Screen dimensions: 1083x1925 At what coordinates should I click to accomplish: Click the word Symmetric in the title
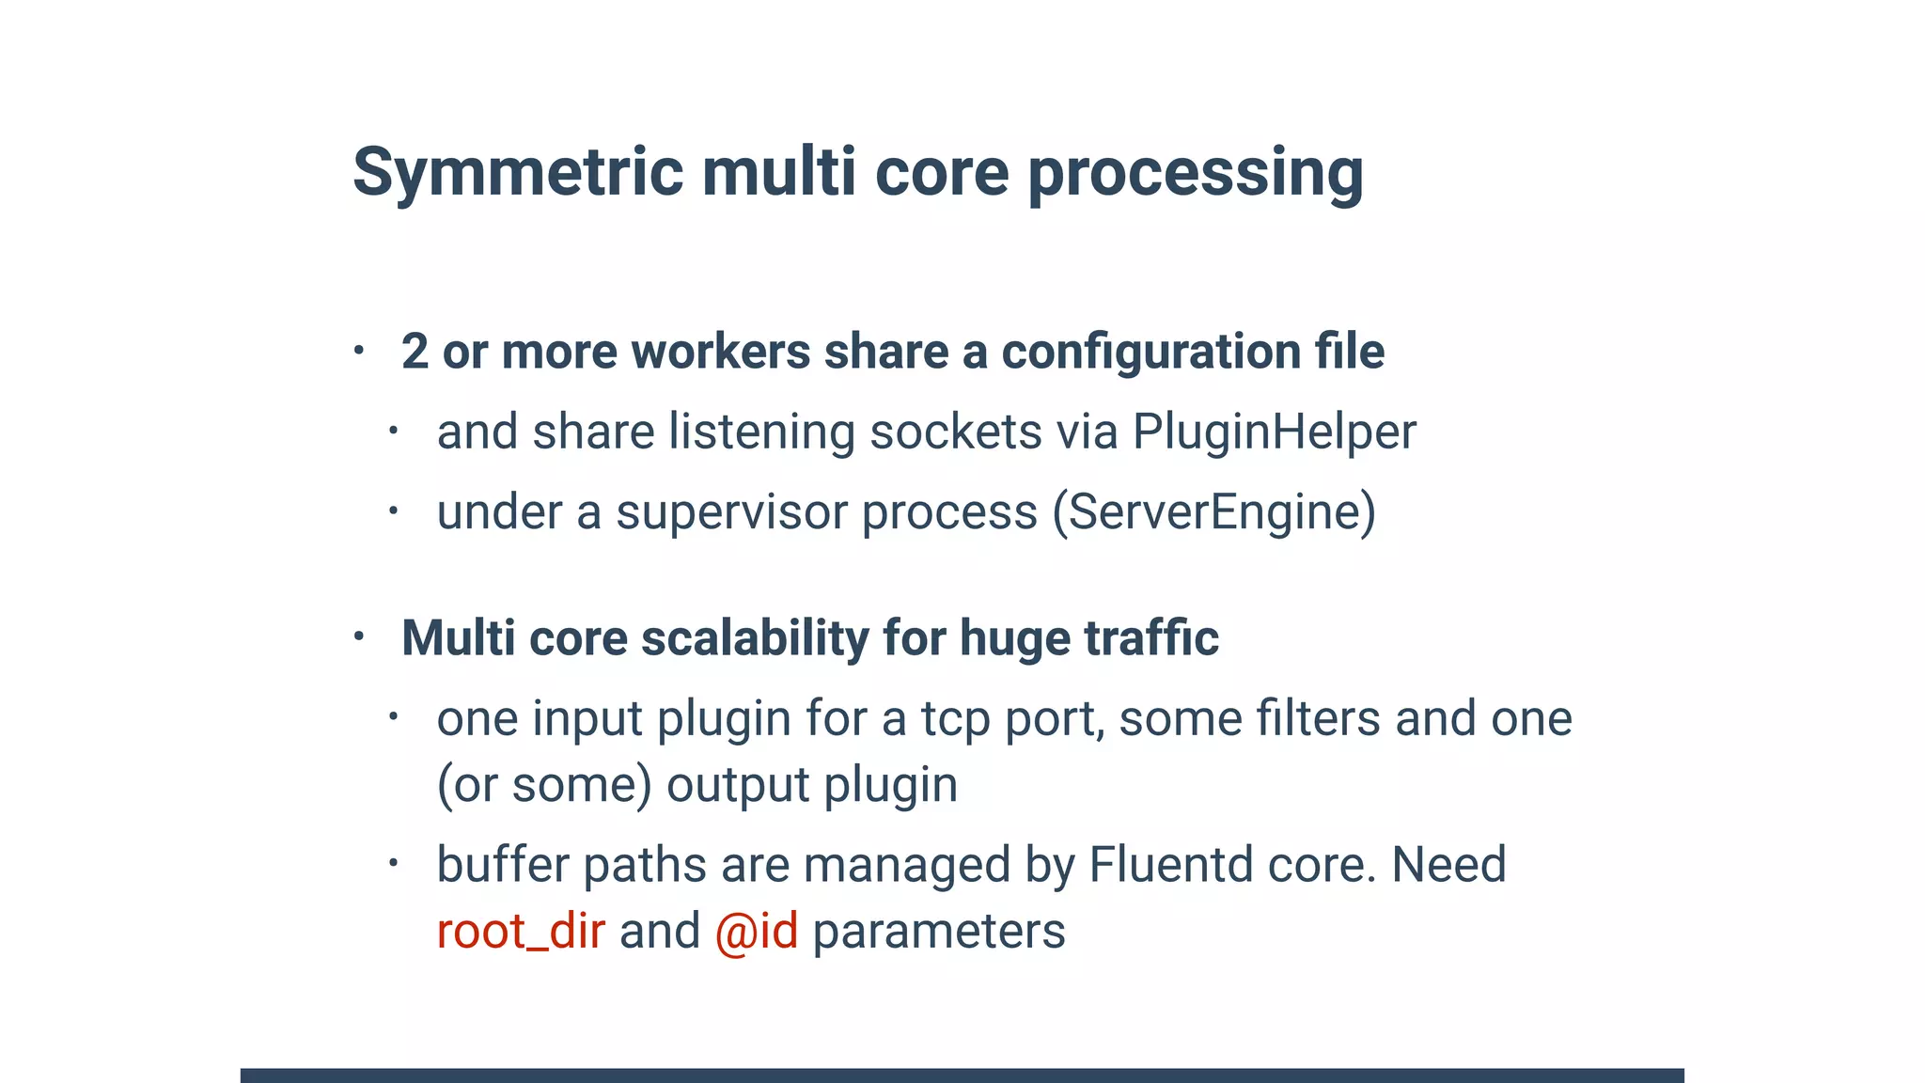518,174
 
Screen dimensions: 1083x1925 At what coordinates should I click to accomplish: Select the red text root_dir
521,932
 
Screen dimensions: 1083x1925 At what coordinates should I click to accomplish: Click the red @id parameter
757,932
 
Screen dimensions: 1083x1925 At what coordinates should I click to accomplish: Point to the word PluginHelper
1274,432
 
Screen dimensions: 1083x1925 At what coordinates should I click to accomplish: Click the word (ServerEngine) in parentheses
1213,512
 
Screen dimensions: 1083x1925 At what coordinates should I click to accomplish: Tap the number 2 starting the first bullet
415,353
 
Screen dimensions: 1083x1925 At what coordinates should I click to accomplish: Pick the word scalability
755,638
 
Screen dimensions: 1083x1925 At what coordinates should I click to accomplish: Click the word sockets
955,432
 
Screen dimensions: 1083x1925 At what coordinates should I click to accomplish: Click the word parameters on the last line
938,932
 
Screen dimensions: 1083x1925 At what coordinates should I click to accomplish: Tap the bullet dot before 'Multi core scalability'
359,636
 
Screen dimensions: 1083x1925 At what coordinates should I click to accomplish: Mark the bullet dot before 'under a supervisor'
394,511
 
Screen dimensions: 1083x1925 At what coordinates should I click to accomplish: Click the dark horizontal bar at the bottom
962,1075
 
